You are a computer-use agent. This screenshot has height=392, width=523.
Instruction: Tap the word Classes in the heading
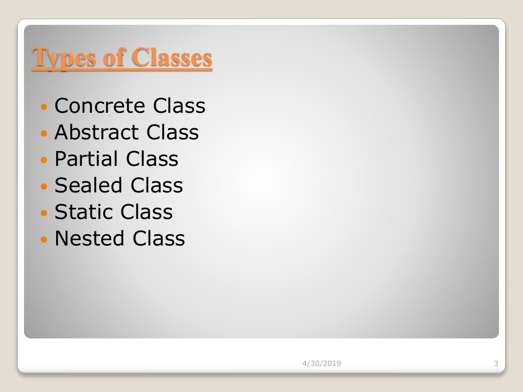[x=172, y=58]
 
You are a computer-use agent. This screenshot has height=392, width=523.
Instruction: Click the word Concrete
[x=100, y=106]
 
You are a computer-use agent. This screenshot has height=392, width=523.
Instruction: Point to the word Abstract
[x=97, y=133]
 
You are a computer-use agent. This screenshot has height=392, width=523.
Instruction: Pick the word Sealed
[x=89, y=186]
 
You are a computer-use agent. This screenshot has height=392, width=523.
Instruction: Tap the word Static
[x=84, y=212]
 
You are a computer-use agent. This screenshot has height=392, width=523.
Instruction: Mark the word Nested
[x=90, y=239]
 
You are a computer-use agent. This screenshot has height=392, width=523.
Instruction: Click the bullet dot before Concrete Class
[x=44, y=107]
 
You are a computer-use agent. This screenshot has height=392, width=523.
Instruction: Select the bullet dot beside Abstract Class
[x=44, y=134]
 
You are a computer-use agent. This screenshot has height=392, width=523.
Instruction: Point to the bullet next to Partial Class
[x=44, y=160]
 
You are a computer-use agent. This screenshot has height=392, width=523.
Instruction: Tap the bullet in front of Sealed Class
[x=44, y=187]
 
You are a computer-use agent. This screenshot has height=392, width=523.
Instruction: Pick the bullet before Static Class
[x=44, y=213]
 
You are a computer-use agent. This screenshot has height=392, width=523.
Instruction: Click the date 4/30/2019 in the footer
[x=322, y=363]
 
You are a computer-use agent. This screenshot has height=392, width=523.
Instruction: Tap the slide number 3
[x=496, y=363]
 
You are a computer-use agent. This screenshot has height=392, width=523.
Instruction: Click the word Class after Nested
[x=159, y=239]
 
